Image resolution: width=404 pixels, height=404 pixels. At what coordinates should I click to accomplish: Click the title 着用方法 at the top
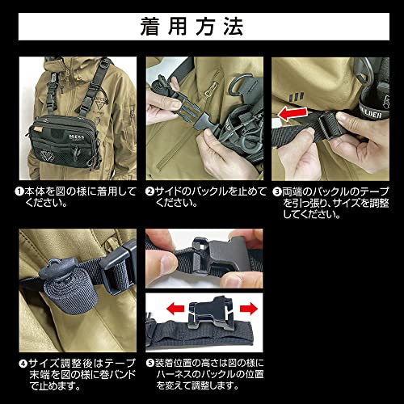click(201, 27)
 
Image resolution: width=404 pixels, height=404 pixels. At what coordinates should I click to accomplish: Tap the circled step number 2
click(150, 193)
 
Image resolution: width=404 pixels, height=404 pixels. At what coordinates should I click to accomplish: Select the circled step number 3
click(277, 193)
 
